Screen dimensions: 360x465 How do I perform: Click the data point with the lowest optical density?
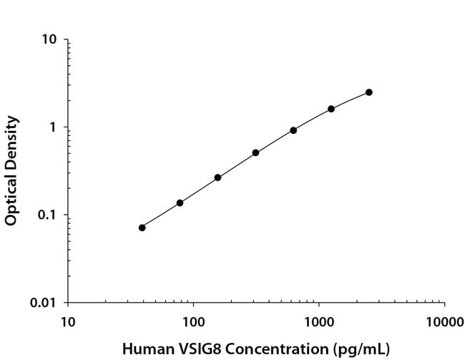tap(142, 228)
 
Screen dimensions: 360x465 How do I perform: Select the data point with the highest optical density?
tap(369, 92)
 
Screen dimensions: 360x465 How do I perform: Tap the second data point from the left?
tap(180, 203)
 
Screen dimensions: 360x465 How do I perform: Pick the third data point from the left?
tap(217, 177)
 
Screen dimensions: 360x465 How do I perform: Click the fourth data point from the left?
tap(255, 152)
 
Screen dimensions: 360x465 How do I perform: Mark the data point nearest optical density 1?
tap(293, 130)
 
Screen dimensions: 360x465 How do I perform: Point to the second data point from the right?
tap(331, 109)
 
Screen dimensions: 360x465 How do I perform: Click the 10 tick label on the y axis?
tap(49, 39)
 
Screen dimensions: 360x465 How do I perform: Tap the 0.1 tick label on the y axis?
tap(46, 215)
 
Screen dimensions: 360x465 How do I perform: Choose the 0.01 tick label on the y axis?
tap(44, 303)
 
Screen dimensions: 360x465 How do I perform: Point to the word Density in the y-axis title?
tap(11, 139)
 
